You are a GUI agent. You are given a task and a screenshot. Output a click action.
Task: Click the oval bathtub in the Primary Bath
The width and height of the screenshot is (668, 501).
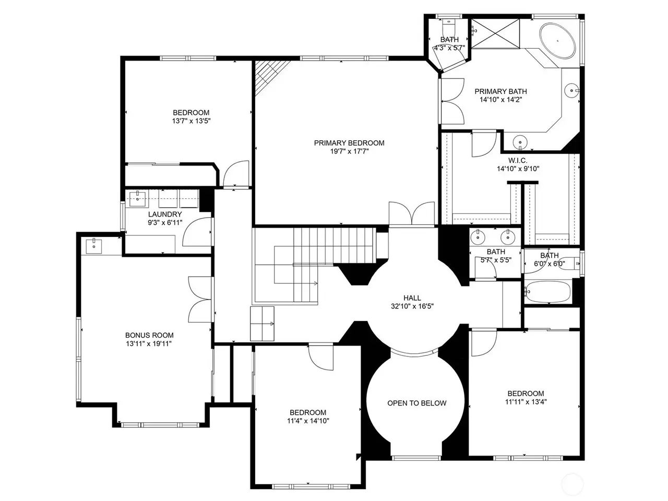click(557, 41)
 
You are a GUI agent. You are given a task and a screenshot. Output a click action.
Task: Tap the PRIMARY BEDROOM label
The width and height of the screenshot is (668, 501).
click(349, 142)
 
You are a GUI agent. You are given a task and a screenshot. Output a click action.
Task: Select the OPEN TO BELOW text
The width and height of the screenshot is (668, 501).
click(416, 403)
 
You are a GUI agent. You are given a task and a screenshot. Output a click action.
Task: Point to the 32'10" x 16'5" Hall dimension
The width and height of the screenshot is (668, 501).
click(412, 306)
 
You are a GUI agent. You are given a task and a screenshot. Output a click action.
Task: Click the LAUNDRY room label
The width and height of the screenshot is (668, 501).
click(165, 214)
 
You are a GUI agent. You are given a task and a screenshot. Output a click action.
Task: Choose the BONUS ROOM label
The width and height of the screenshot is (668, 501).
click(149, 335)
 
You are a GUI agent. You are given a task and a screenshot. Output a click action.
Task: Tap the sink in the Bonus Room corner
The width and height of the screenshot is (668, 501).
click(94, 246)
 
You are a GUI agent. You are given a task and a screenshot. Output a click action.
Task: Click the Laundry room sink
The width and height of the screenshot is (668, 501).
click(138, 199)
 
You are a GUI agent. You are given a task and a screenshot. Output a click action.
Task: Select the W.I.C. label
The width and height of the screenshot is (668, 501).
click(518, 160)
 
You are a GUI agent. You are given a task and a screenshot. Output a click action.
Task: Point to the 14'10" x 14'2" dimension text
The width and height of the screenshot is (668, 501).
click(500, 100)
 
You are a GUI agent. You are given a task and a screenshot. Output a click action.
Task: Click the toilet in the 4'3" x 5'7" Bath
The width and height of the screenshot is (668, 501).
click(448, 28)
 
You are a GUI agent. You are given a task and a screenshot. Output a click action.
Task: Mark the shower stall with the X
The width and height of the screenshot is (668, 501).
click(495, 33)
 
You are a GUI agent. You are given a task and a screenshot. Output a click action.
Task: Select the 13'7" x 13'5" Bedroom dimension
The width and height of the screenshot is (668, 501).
click(191, 121)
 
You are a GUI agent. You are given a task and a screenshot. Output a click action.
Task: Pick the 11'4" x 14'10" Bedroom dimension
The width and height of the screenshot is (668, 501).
click(308, 421)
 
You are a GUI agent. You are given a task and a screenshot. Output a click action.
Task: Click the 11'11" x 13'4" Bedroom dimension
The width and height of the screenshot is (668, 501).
click(526, 402)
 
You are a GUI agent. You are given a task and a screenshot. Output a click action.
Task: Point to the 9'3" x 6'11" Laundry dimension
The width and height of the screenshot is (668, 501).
click(165, 223)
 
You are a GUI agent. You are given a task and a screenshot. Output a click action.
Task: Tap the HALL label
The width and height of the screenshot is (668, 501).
click(412, 298)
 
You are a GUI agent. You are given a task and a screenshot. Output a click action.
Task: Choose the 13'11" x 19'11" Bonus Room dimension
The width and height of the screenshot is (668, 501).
click(149, 344)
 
